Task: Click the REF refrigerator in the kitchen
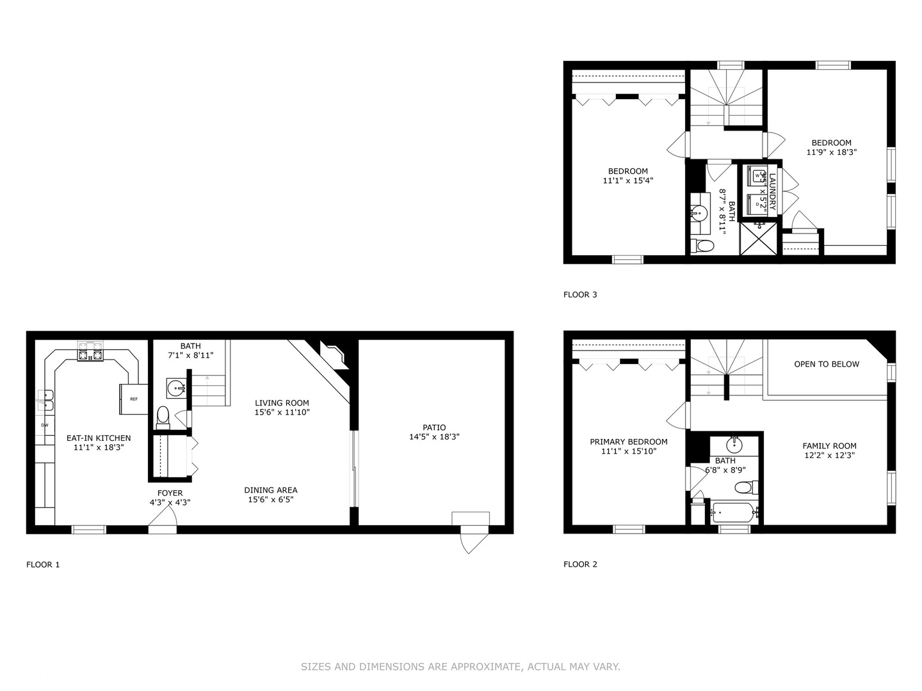point(133,399)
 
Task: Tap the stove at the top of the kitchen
point(90,352)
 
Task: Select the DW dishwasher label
point(45,425)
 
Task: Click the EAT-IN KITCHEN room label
point(99,438)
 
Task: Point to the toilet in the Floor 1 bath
point(163,416)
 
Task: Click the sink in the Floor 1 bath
point(175,387)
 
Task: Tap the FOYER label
point(170,493)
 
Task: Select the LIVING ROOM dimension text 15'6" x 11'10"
point(282,413)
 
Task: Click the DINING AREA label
point(271,490)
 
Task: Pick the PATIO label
point(434,427)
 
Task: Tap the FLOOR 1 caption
point(43,564)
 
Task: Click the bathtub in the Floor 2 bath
point(734,512)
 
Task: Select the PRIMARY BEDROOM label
point(629,441)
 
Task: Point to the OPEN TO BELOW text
point(827,364)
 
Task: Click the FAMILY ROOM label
point(829,446)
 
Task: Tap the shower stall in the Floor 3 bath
point(759,239)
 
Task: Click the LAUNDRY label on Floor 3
point(773,191)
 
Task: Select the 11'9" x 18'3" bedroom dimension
point(831,152)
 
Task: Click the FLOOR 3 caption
point(580,295)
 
